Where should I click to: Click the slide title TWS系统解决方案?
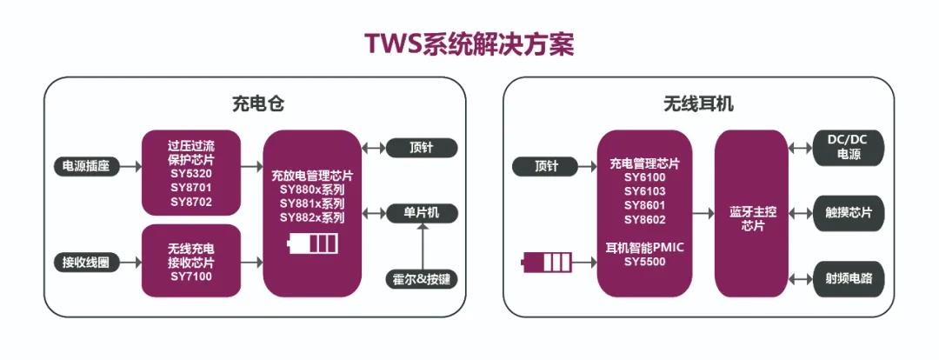click(469, 44)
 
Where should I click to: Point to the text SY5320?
click(191, 173)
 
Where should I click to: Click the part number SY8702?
click(191, 202)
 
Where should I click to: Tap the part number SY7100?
click(191, 277)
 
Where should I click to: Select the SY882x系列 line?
click(312, 217)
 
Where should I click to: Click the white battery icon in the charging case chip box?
click(312, 243)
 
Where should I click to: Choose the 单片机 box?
click(421, 212)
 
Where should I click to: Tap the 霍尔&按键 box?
click(421, 279)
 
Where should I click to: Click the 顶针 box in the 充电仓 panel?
click(421, 148)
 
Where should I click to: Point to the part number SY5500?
click(645, 261)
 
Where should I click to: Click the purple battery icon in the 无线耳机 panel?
click(546, 261)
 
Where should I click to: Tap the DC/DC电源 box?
click(848, 148)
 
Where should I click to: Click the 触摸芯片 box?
click(848, 212)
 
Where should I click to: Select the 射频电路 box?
click(848, 279)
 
